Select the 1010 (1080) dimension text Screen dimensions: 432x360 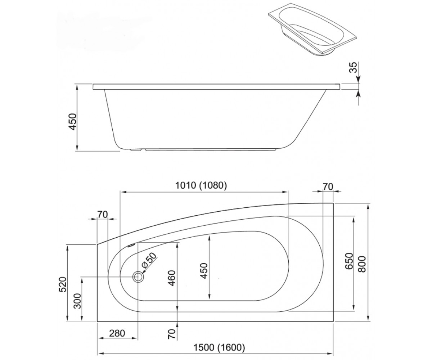201,186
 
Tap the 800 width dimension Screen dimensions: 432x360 362,264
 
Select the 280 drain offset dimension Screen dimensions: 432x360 117,333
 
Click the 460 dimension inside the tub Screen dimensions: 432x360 172,278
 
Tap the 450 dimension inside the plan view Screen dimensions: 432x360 204,271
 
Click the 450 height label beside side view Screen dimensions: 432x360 73,122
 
